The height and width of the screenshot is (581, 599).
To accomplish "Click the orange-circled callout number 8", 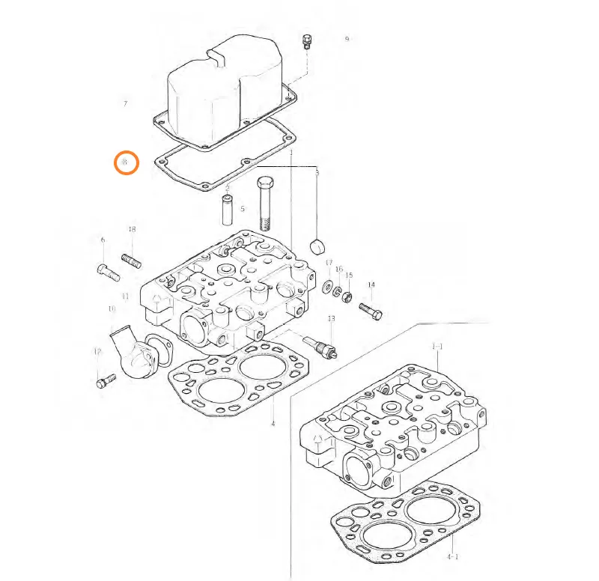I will tap(126, 162).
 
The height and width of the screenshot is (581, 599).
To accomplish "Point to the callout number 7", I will tap(125, 103).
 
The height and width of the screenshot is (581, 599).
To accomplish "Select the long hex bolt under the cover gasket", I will tap(267, 203).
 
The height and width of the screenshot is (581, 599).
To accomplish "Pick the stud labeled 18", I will tap(131, 260).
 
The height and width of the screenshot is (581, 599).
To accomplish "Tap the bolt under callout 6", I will tap(109, 272).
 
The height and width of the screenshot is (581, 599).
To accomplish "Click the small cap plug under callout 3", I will tap(318, 246).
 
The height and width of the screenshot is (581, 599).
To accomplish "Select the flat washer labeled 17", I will tap(328, 287).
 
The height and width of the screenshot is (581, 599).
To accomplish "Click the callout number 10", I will tap(112, 308).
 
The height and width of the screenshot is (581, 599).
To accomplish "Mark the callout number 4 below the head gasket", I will tap(273, 425).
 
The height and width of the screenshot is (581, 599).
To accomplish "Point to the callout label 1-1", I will tap(437, 346).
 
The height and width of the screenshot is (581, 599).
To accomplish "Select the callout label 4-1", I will tap(452, 557).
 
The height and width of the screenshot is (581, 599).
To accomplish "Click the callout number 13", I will tap(331, 319).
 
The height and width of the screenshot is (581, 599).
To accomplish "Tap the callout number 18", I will tap(132, 229).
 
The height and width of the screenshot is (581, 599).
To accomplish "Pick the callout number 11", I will tap(126, 296).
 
